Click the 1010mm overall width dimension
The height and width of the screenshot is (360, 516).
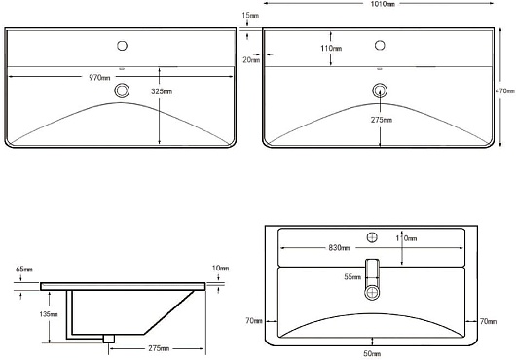click(382, 4)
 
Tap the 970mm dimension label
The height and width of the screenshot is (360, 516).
click(99, 78)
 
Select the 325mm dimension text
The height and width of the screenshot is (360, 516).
click(162, 91)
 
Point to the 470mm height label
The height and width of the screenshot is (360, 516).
click(505, 91)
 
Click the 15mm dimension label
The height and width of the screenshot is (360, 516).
click(250, 16)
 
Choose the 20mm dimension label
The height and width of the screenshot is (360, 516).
click(251, 60)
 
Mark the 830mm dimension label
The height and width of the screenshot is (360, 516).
click(339, 247)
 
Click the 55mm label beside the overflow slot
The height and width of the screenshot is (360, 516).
click(352, 277)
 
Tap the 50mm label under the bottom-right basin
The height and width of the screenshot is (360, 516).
click(372, 354)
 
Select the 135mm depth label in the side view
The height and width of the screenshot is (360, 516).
click(49, 314)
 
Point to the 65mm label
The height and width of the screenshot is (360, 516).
click(24, 270)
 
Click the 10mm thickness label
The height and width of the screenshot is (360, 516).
click(220, 269)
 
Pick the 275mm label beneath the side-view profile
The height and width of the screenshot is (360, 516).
click(159, 348)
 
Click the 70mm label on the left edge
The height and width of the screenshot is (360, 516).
click(254, 321)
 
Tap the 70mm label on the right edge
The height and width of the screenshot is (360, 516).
click(488, 321)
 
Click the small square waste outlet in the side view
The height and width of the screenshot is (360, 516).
click(109, 339)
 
